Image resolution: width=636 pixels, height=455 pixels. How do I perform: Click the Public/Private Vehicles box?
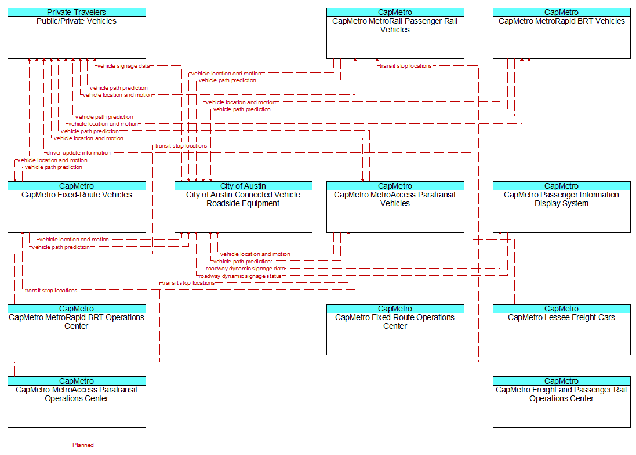point(77,33)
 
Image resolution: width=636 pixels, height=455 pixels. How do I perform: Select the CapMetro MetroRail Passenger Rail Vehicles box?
point(395,33)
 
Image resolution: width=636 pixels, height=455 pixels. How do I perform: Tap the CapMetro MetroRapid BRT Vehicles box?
point(561,33)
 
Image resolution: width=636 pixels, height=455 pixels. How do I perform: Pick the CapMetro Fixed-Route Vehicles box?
point(77,207)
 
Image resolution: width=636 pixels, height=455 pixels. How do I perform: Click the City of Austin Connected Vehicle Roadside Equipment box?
point(244,207)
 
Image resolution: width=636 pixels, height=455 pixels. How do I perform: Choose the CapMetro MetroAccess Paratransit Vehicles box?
point(395,207)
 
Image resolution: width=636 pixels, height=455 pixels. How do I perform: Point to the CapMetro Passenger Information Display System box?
point(561,207)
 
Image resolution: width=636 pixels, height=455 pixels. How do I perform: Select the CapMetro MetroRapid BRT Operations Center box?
point(77,330)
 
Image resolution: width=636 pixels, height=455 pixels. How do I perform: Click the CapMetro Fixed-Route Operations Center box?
point(395,330)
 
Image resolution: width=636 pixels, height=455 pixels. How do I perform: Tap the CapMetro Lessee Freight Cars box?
point(561,330)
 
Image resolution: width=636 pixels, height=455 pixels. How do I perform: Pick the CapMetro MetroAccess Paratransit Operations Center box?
point(77,402)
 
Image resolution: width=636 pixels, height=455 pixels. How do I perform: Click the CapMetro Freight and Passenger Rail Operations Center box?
point(561,402)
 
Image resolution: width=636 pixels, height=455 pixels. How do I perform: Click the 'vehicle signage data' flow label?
point(123,65)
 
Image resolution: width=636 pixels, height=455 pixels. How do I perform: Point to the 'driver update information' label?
point(78,153)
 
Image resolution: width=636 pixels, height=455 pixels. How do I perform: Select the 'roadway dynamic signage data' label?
point(245,269)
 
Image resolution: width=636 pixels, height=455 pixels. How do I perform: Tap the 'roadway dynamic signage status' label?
point(239,276)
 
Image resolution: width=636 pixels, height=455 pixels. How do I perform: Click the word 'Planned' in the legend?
point(83,445)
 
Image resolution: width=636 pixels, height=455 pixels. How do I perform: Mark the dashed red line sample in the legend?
point(37,445)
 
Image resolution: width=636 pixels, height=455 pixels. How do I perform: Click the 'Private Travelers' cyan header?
point(77,12)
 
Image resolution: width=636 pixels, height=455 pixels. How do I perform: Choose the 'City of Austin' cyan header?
point(244,186)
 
